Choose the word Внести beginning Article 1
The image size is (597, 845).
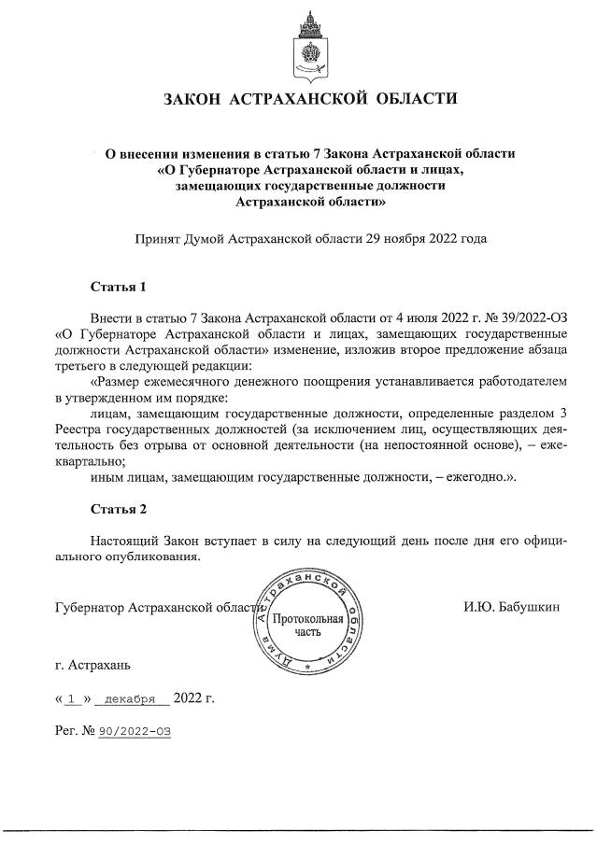[x=112, y=317]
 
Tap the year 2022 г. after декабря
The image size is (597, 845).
[x=194, y=697]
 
